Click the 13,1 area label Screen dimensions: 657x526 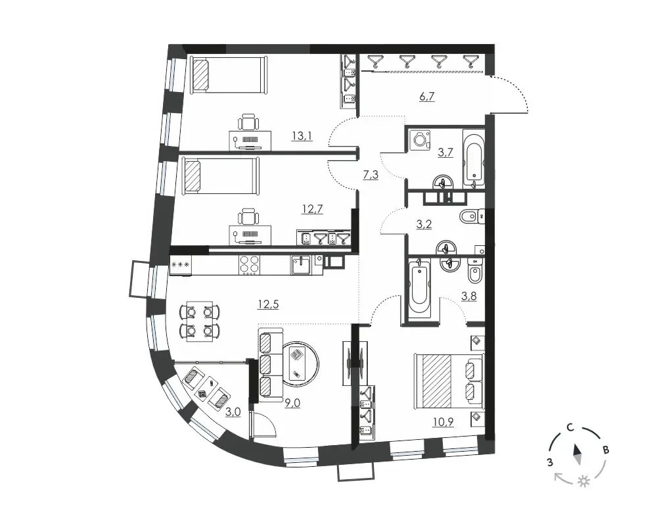(x=302, y=136)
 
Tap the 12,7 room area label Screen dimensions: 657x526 (x=313, y=209)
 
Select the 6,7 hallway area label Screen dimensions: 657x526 (x=427, y=97)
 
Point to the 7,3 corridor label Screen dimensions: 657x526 (x=371, y=174)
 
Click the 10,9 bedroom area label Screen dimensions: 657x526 (x=443, y=422)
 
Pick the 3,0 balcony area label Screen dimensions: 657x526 (x=233, y=412)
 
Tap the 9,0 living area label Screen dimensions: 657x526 (x=292, y=403)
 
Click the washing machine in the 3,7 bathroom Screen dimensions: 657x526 (x=419, y=139)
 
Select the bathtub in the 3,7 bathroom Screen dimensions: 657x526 (x=474, y=158)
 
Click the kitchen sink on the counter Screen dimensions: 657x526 (x=300, y=265)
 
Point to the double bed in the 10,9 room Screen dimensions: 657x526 (x=449, y=381)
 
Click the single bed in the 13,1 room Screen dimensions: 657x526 (x=229, y=75)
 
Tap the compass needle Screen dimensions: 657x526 (x=578, y=455)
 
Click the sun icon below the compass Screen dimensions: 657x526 (x=583, y=481)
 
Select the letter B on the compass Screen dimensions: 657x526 (x=606, y=450)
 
